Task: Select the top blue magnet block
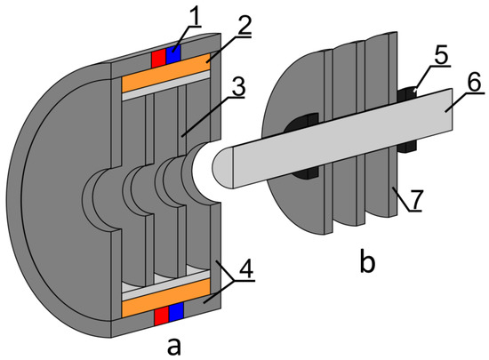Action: pos(173,55)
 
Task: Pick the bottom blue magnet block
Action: pos(174,315)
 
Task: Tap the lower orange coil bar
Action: pos(167,303)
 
